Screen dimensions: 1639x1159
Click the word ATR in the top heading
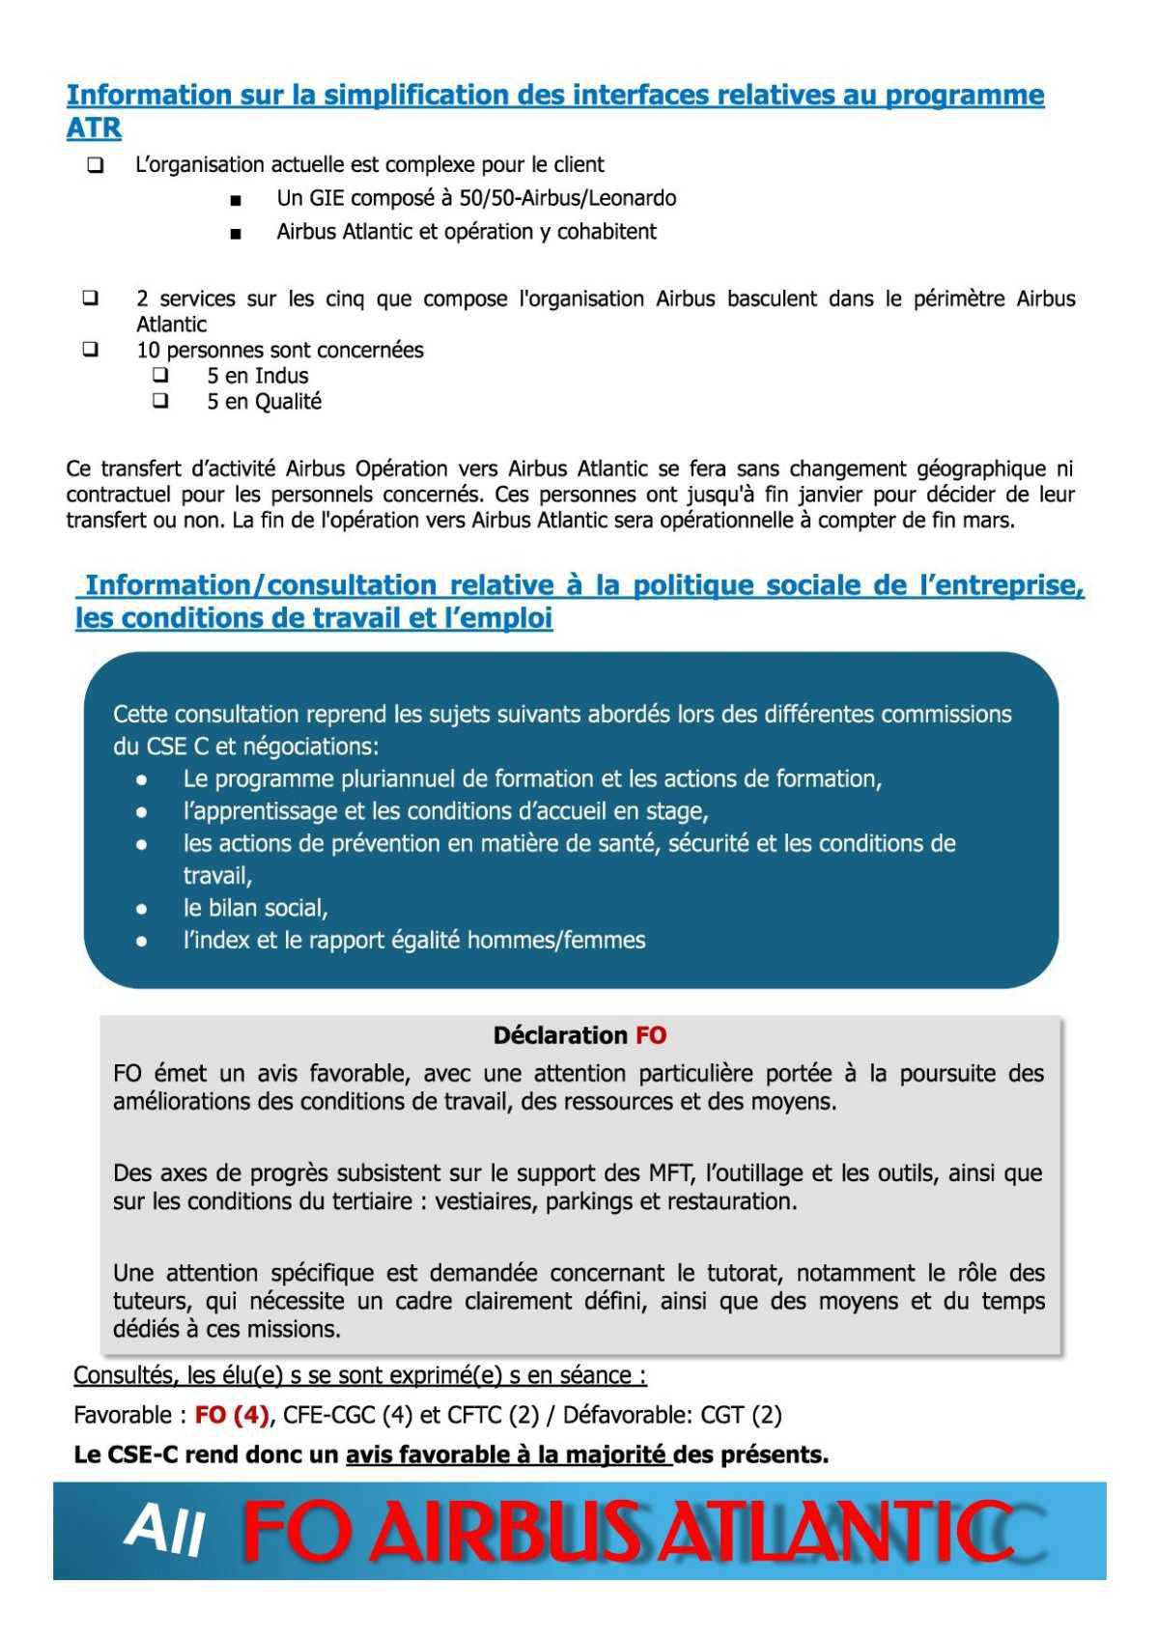(93, 127)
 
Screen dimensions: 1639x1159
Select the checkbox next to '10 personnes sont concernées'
(91, 350)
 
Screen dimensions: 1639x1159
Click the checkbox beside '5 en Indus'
(160, 375)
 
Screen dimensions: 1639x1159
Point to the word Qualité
(288, 402)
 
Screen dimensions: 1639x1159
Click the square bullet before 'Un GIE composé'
(236, 201)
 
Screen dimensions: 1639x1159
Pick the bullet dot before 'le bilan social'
(142, 909)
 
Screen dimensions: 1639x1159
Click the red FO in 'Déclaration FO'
(651, 1035)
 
